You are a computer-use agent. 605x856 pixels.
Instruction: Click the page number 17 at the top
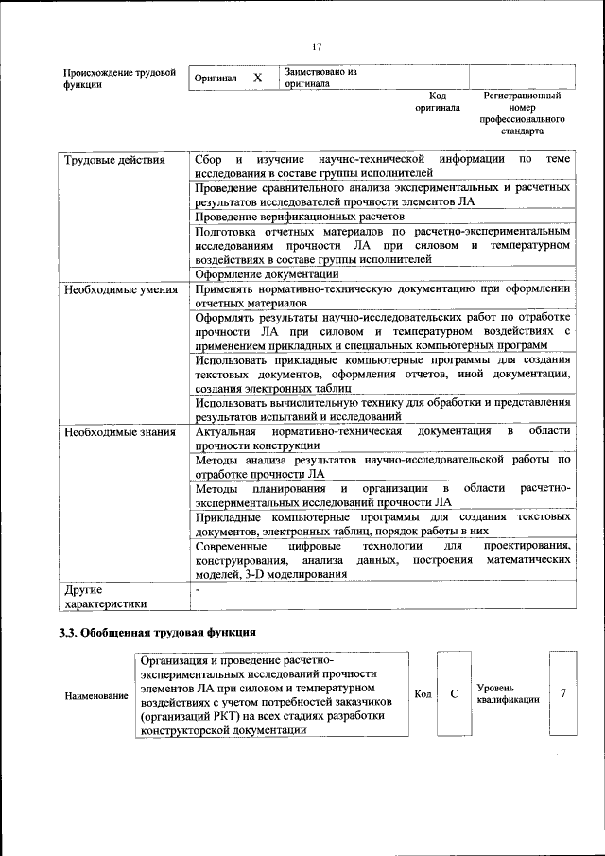click(x=316, y=45)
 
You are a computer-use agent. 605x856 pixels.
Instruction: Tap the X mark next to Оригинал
click(x=257, y=78)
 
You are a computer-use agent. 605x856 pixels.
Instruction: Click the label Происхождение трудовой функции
click(x=119, y=78)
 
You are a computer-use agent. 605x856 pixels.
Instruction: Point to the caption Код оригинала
click(x=437, y=101)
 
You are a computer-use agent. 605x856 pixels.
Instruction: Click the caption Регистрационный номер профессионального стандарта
click(x=522, y=114)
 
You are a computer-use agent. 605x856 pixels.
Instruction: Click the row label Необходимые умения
click(x=120, y=288)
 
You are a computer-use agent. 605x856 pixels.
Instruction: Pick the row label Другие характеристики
click(x=105, y=596)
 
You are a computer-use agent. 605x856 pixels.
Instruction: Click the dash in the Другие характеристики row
click(x=197, y=589)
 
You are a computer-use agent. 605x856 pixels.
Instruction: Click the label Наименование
click(x=96, y=696)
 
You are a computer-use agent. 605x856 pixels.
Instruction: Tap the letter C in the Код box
click(x=454, y=694)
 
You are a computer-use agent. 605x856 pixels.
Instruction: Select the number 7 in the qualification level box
click(x=563, y=694)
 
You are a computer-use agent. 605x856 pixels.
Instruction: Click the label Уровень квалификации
click(x=509, y=694)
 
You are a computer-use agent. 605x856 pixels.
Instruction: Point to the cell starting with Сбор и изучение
click(x=382, y=166)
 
